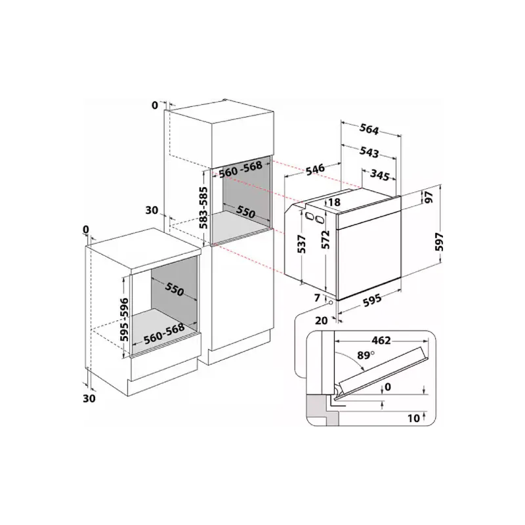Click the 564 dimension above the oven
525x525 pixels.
[369, 129]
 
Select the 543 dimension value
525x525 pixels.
[369, 152]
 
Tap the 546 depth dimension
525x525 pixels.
[316, 169]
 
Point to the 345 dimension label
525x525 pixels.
[380, 175]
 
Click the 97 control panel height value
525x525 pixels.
[429, 197]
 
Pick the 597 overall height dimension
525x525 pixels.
[439, 241]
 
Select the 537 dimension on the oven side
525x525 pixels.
[302, 244]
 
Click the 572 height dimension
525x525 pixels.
[325, 239]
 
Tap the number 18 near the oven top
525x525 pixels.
[335, 202]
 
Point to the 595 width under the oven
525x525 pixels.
[372, 299]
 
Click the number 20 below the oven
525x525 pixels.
[322, 320]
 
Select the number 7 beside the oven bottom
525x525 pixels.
[318, 298]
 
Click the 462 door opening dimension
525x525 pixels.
[381, 341]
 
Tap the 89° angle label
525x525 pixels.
[366, 355]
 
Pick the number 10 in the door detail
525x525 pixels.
[414, 418]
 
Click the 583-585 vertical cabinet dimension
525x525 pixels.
[203, 208]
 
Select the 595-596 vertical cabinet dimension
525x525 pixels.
[124, 319]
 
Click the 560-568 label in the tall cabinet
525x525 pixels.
[240, 170]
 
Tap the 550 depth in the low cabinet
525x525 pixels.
[174, 288]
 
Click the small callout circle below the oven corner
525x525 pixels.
[331, 303]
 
